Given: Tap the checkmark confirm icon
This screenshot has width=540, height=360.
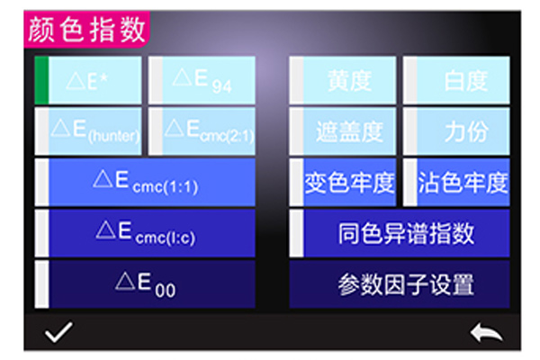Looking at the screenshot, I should [59, 333].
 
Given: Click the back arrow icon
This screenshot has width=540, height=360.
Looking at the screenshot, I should [486, 333].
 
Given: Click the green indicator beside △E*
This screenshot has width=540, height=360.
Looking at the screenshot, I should [40, 80].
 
